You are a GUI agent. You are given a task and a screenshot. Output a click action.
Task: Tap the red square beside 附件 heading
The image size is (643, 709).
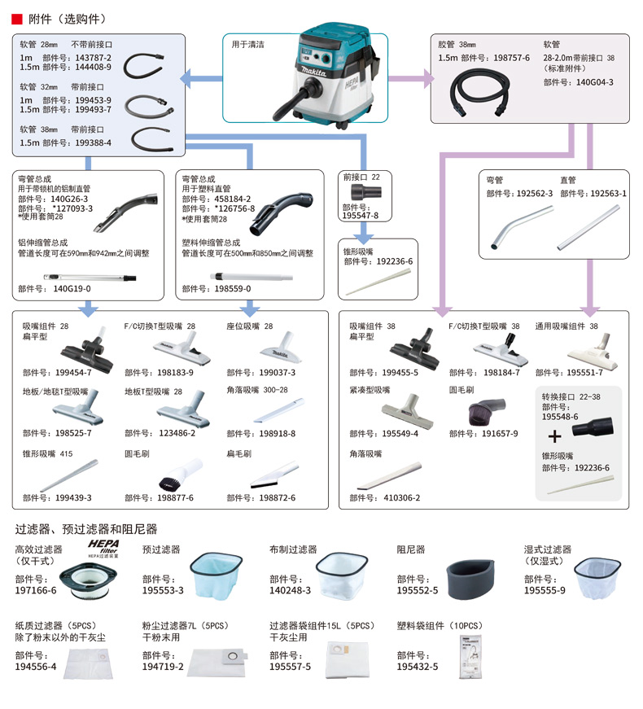coord(15,18)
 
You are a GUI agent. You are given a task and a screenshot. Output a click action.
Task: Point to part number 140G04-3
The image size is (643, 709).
coord(589,81)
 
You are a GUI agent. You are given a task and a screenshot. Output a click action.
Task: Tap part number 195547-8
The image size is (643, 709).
coord(361,216)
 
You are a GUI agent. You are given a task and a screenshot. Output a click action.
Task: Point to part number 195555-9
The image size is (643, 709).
coord(544,591)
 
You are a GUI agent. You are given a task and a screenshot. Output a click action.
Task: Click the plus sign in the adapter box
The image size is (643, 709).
coord(555,436)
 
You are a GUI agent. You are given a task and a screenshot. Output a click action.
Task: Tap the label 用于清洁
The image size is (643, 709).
coord(250,45)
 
